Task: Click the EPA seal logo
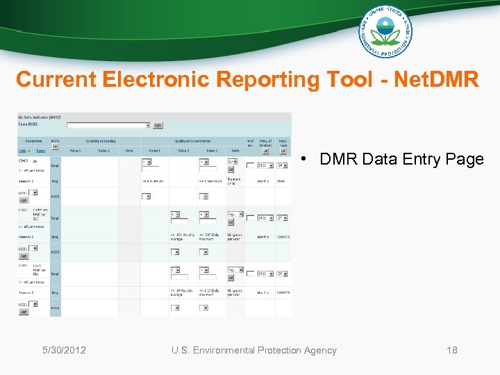[x=385, y=31]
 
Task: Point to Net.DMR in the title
[x=436, y=80]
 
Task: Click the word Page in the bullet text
[x=465, y=159]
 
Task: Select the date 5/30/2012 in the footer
[x=64, y=350]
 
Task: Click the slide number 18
[x=452, y=350]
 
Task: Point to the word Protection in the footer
[x=281, y=350]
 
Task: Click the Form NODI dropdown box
[x=108, y=126]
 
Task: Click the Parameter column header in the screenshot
[x=33, y=141]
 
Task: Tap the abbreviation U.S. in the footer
[x=182, y=350]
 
